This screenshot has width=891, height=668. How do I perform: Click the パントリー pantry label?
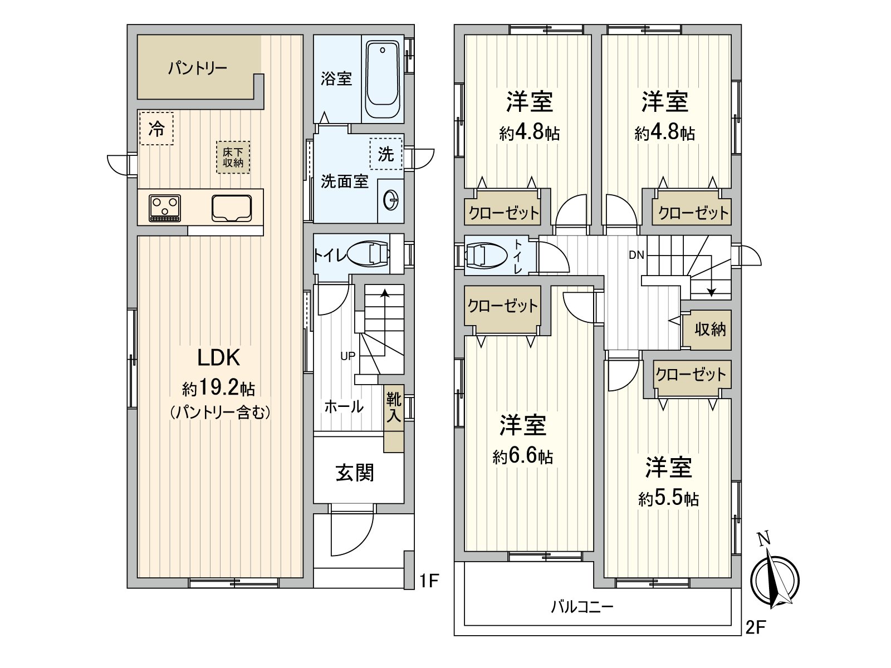197,68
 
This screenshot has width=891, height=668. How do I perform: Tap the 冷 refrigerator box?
156,129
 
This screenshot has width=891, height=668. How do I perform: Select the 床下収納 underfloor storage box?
233,158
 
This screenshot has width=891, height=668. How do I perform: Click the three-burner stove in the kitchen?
165,208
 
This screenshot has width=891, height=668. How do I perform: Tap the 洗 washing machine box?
385,154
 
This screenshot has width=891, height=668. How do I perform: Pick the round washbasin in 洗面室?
391,200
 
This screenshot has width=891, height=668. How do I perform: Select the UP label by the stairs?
347,356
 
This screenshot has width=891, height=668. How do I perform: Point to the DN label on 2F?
636,255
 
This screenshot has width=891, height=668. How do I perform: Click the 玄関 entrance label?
354,473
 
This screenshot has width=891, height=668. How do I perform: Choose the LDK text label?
218,358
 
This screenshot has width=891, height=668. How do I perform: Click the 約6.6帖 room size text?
522,456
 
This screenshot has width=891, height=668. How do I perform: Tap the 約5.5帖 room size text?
668,498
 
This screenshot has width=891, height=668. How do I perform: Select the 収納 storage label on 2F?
710,330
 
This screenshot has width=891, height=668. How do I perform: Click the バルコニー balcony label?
582,607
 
